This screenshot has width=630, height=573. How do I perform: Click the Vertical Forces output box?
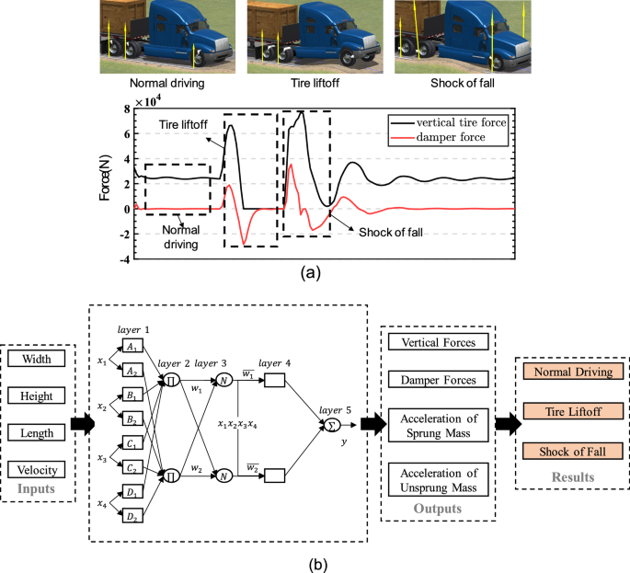pos(432,342)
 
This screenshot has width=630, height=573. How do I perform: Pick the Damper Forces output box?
pos(432,379)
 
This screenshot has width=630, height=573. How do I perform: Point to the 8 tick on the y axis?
pos(128,109)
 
